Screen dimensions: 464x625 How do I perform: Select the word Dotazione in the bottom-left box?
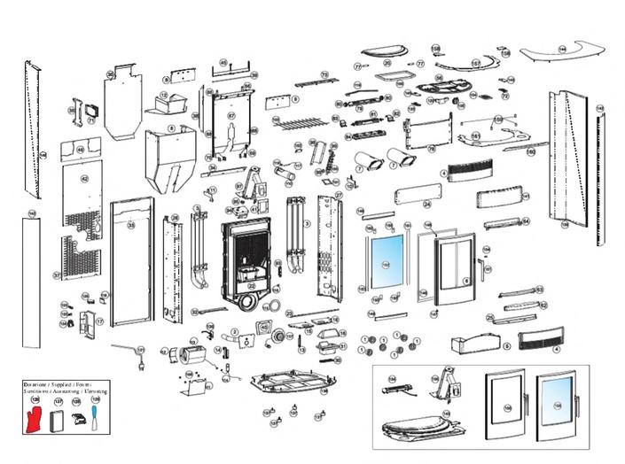click(x=35, y=387)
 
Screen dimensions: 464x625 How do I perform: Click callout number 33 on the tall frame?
click(x=132, y=227)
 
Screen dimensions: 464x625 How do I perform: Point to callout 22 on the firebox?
click(x=251, y=285)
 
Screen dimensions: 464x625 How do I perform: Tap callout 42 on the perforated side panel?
click(x=85, y=178)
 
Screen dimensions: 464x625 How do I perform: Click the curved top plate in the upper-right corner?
click(x=560, y=53)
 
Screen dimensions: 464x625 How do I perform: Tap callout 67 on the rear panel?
click(x=230, y=116)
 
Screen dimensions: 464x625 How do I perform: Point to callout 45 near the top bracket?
click(x=223, y=61)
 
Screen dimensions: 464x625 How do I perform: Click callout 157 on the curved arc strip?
click(x=475, y=63)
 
